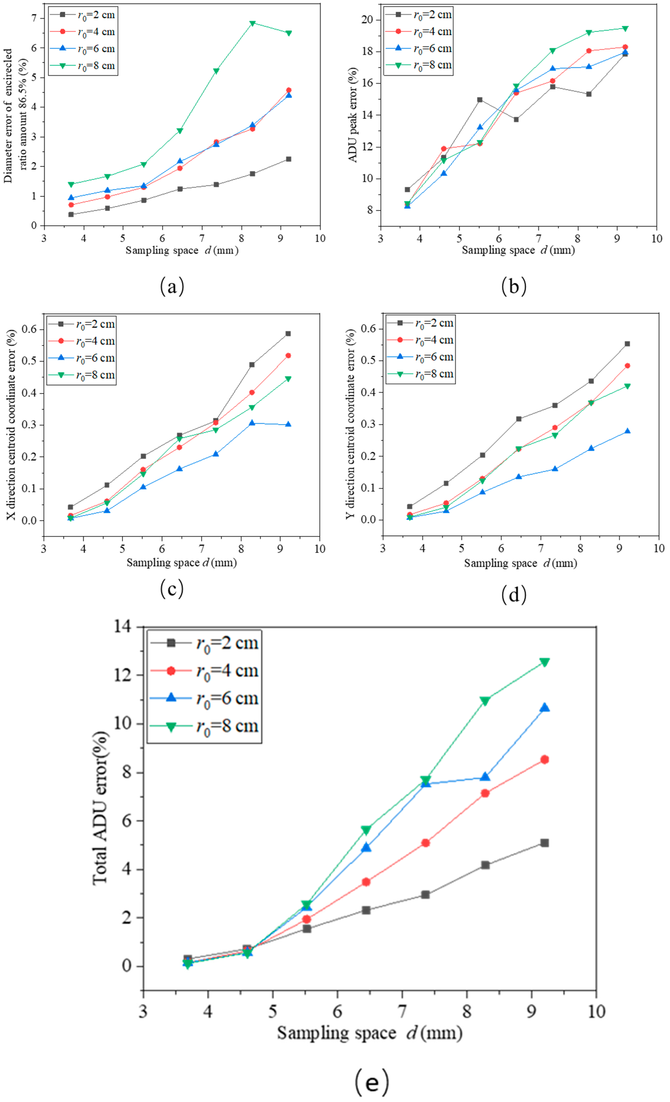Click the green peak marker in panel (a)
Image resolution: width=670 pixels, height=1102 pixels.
pyautogui.click(x=252, y=23)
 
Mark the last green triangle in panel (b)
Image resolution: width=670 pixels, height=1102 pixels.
pyautogui.click(x=625, y=29)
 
